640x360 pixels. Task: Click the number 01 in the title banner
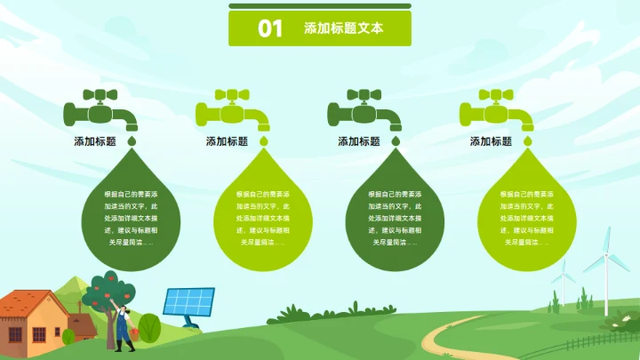(x=270, y=28)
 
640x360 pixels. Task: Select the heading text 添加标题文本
(x=343, y=28)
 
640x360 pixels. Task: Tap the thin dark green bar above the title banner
(x=320, y=5)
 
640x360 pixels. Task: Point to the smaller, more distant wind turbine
(x=563, y=283)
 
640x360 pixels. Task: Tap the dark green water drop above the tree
(x=131, y=209)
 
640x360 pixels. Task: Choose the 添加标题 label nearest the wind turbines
(x=491, y=141)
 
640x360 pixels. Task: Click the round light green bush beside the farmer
(x=149, y=327)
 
